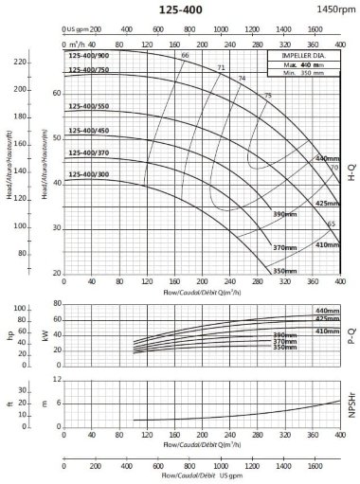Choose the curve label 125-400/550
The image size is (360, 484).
pyautogui.click(x=90, y=105)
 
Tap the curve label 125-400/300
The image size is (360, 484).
pyautogui.click(x=90, y=174)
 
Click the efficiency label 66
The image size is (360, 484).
pyautogui.click(x=184, y=57)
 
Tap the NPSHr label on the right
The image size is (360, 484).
pyautogui.click(x=351, y=408)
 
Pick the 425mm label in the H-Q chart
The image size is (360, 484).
pyautogui.click(x=326, y=204)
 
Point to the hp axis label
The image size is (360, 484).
pyautogui.click(x=11, y=335)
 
